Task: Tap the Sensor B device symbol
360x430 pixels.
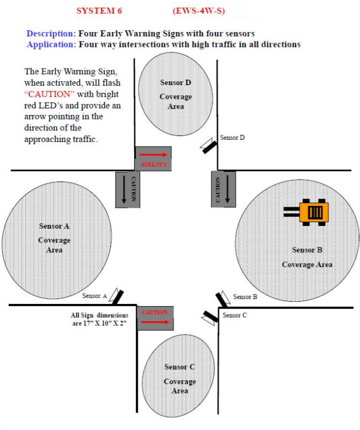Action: point(223,298)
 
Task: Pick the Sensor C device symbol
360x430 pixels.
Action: point(210,317)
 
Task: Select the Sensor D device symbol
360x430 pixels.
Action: point(209,145)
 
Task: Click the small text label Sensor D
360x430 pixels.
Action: point(232,138)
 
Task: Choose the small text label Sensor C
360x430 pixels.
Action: point(235,315)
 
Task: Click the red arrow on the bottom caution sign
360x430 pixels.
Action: point(155,322)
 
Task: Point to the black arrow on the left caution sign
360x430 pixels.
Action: point(124,189)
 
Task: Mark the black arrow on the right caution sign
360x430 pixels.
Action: point(227,189)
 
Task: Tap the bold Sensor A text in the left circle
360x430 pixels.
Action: point(54,226)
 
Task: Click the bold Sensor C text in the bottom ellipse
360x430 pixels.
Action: point(179,367)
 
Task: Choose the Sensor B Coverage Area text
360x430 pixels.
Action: point(307,257)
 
